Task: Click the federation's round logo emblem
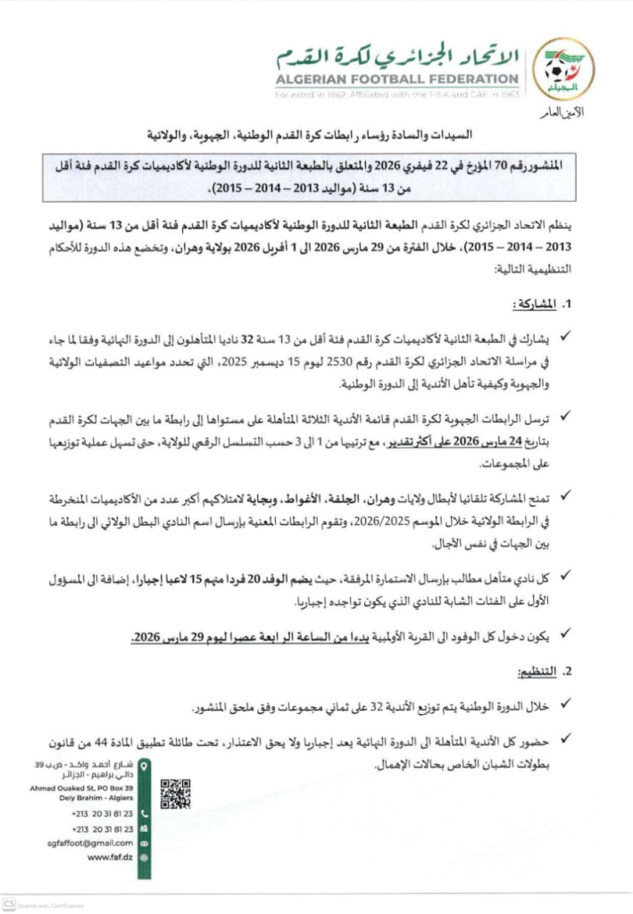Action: click(568, 67)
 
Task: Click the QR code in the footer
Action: click(175, 794)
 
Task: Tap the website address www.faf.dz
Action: click(111, 857)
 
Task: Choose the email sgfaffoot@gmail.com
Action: click(90, 843)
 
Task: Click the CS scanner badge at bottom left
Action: click(8, 903)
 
